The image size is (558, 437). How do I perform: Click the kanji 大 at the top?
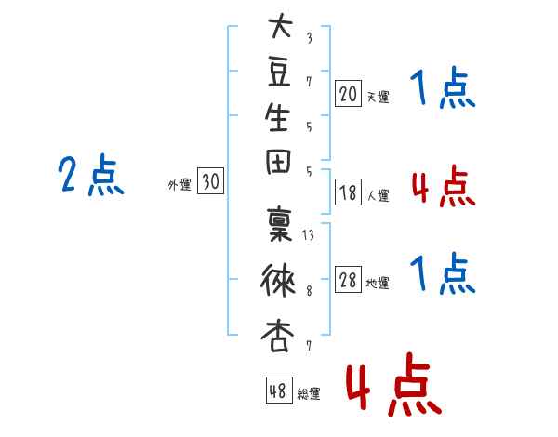(280, 25)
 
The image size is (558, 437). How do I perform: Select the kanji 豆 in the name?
(279, 73)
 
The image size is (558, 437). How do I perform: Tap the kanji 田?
(278, 163)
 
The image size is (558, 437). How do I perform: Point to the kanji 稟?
(279, 224)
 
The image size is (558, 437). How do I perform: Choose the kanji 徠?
(278, 280)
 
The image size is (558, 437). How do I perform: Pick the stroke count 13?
(308, 235)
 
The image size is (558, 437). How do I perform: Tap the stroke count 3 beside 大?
(310, 38)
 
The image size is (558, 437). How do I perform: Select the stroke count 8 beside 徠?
(309, 291)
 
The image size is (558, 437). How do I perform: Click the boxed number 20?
(348, 94)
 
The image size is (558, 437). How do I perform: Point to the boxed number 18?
(348, 192)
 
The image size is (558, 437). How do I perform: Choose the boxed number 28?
(348, 279)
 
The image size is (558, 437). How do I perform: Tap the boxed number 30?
(210, 180)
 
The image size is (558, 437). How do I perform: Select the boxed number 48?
(279, 390)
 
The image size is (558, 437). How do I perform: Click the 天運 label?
(378, 97)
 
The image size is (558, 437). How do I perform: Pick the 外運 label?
(179, 185)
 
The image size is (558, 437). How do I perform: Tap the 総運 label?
(308, 393)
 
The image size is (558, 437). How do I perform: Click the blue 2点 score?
(91, 175)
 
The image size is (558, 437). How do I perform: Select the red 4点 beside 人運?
(444, 185)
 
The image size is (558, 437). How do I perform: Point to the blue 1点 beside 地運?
(443, 273)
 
